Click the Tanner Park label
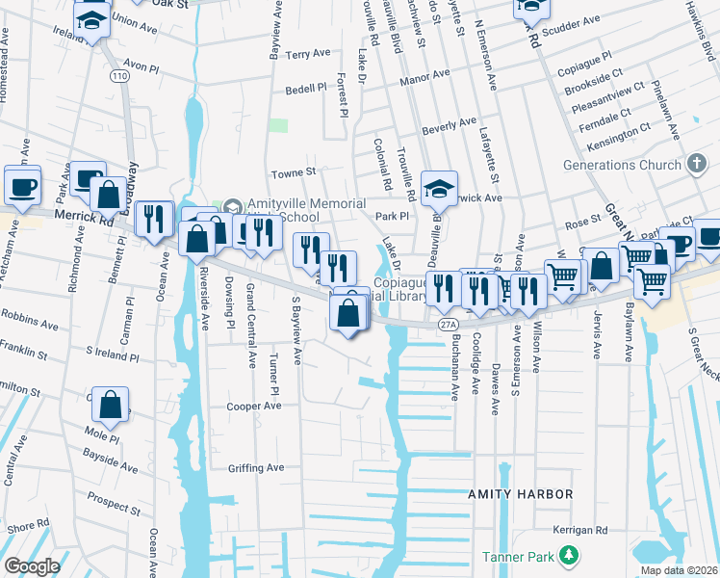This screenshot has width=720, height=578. (x=519, y=556)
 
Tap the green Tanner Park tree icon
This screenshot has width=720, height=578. (x=570, y=555)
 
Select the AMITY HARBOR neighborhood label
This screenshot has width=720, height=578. (x=520, y=494)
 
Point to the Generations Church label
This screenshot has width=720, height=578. (x=622, y=165)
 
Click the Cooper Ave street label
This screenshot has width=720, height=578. (x=253, y=407)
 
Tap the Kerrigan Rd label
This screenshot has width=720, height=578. (x=580, y=530)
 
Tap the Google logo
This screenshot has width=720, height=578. (x=32, y=566)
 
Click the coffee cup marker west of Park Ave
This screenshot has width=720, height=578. (x=22, y=184)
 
